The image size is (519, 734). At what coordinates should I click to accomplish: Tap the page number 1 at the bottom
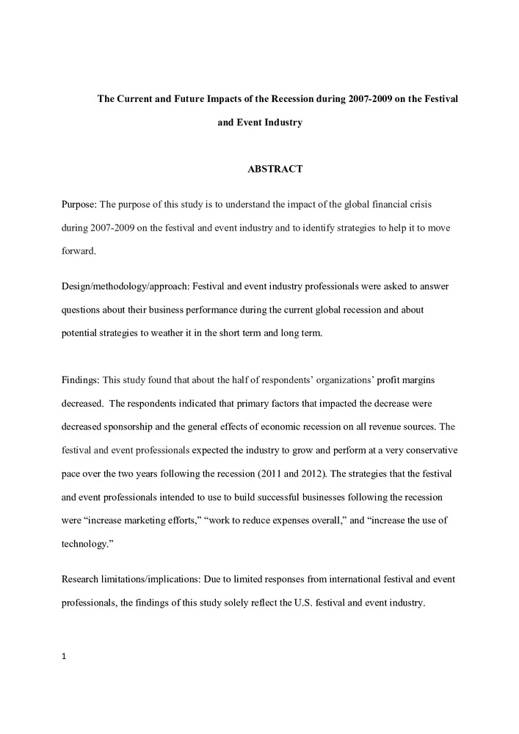[65, 656]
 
